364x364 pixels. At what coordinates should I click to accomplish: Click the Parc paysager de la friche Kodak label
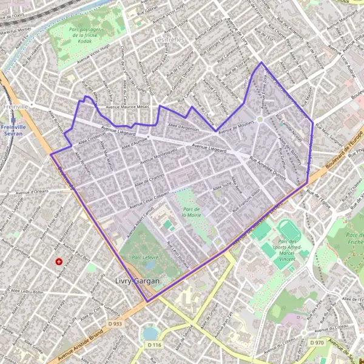tap(84, 36)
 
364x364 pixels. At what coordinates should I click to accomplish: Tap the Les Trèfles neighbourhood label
tap(168, 40)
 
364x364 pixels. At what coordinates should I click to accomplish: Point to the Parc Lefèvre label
tap(144, 257)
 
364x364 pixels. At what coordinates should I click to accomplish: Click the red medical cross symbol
tap(59, 261)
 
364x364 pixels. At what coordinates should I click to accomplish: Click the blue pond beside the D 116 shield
tap(150, 333)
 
